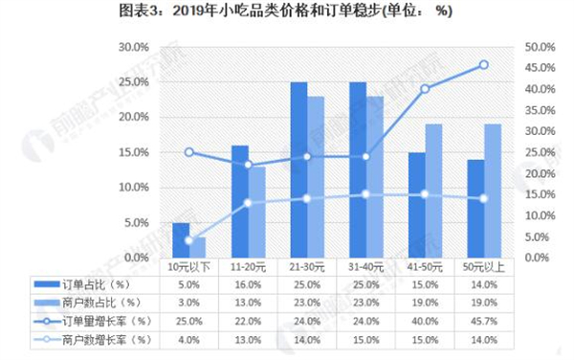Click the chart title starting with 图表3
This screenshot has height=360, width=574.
click(286, 11)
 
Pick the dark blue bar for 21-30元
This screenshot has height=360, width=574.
click(299, 169)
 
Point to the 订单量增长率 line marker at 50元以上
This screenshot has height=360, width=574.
click(483, 65)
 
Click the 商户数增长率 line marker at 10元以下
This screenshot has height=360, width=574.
click(188, 240)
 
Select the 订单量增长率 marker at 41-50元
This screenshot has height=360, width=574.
click(425, 89)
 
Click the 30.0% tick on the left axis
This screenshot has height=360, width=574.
click(132, 47)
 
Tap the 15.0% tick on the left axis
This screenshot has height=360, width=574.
click(132, 152)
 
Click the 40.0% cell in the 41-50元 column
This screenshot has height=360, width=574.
click(425, 321)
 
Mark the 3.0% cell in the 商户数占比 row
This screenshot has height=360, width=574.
click(188, 303)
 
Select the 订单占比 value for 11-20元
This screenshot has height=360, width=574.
click(248, 284)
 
